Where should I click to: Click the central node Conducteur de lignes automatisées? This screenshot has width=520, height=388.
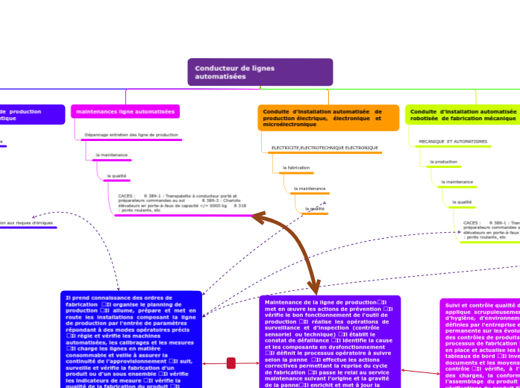point(260,72)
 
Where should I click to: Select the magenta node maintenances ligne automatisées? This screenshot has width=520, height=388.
point(125,112)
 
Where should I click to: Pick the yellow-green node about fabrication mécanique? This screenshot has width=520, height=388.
point(463,116)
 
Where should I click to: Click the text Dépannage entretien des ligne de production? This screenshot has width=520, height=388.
point(131,135)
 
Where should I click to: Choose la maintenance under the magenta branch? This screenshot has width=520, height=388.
point(111,155)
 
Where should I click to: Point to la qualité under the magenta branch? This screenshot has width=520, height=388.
point(116,176)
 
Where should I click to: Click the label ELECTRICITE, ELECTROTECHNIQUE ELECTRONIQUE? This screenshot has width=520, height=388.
point(325,148)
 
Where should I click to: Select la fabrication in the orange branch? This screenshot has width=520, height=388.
point(296,168)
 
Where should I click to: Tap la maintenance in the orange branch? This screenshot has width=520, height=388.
point(310,189)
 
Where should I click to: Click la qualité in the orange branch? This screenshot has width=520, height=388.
point(314,209)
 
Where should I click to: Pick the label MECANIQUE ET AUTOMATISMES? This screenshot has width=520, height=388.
point(453,141)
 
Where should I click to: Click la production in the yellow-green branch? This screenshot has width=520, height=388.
point(445,161)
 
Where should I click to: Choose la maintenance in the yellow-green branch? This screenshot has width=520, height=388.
point(457,181)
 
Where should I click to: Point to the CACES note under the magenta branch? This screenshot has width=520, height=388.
point(183,203)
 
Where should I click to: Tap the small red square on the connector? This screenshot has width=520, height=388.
point(231,363)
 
